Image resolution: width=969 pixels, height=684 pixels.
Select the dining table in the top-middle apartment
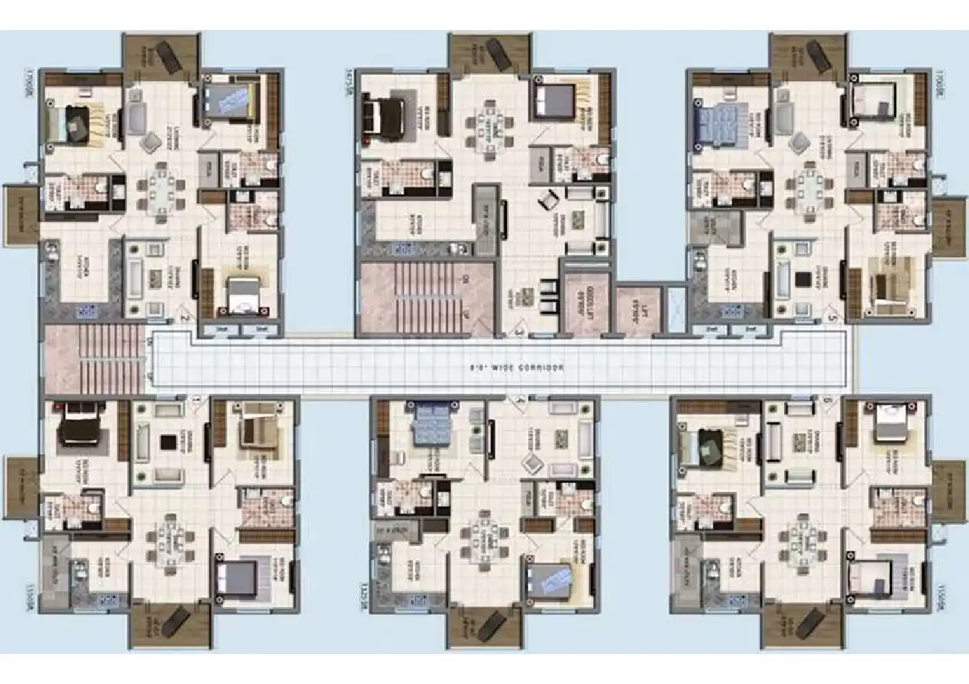click(490, 128)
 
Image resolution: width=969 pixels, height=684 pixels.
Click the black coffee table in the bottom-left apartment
click(166, 442)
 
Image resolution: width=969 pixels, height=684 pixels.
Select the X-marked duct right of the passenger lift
click(676, 308)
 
